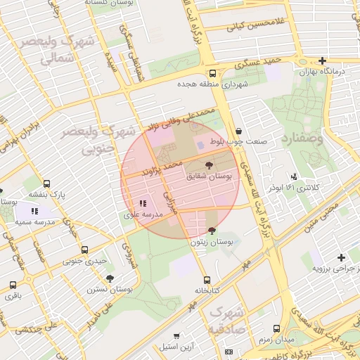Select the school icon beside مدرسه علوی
click(x=143, y=202)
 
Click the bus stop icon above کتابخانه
click(x=205, y=279)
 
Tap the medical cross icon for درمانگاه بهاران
click(x=322, y=61)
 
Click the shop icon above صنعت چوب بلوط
click(x=239, y=131)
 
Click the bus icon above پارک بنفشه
click(x=46, y=184)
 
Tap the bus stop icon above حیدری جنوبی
click(x=85, y=250)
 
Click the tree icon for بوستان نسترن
click(x=110, y=278)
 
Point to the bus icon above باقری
click(x=13, y=285)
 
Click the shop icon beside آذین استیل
click(x=176, y=336)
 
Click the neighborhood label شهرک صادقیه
click(x=226, y=320)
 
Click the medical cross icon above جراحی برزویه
click(x=341, y=257)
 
